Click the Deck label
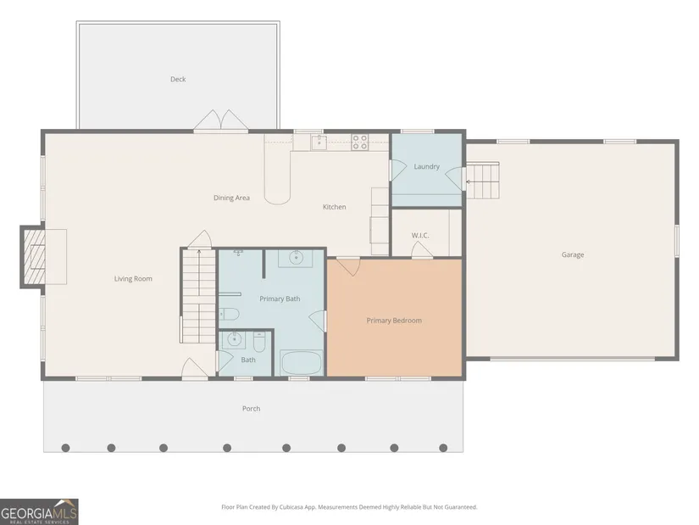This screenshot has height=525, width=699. pos(178,79)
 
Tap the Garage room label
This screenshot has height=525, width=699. pos(573,255)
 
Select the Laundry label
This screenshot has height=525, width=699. pos(427,166)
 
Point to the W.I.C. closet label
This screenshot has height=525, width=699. pos(420,235)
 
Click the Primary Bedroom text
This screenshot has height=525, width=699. pos(394,321)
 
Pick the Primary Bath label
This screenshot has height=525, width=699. pos(280,299)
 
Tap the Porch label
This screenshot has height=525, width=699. pos(251,409)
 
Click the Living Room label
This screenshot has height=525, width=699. pos(133,278)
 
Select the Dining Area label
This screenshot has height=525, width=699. pos(231,198)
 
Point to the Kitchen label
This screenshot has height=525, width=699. pos(335,207)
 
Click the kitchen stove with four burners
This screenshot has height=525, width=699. pos(360,142)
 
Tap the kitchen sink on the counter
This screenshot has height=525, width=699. pos(319,142)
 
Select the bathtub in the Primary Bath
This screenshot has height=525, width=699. pos(301,362)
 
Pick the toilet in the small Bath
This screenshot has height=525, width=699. pos(259,342)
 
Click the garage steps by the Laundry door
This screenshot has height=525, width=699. pos(482,181)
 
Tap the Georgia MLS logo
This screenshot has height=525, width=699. pos(39,511)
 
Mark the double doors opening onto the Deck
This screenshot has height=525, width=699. pos(220,120)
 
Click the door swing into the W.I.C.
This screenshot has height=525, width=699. pos(422,249)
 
